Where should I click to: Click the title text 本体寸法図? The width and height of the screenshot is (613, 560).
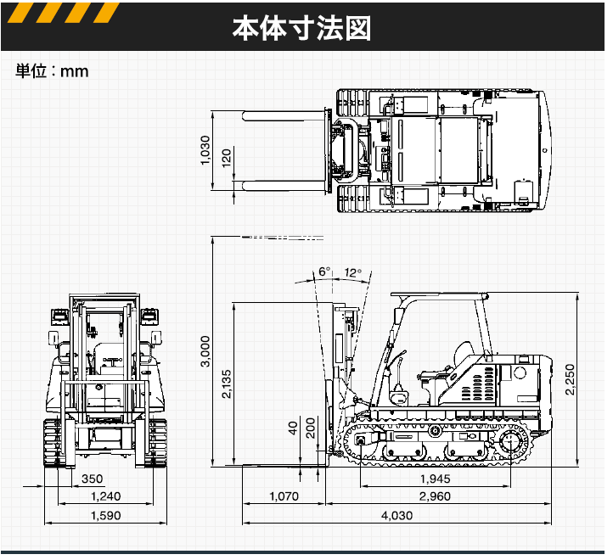coord(302,28)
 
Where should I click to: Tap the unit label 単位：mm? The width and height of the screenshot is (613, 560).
coord(52,71)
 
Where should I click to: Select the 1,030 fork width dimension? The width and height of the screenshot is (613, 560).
coord(205,152)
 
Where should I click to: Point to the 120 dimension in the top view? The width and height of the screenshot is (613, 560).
coord(227,158)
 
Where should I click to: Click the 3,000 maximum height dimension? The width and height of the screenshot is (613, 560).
coord(205,351)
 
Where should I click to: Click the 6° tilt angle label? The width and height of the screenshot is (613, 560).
coord(323,272)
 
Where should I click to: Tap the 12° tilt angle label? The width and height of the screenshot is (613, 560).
coord(354,272)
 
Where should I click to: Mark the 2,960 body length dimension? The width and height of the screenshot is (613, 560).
coord(434,496)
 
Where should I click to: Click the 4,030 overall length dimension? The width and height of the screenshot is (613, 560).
coord(396,516)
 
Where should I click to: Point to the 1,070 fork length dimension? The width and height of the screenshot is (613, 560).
coord(284,496)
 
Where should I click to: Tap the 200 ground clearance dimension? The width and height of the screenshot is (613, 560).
coord(310,427)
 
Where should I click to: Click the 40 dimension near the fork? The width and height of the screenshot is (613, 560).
coord(293,427)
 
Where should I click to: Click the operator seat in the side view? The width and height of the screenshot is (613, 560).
coord(463,354)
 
